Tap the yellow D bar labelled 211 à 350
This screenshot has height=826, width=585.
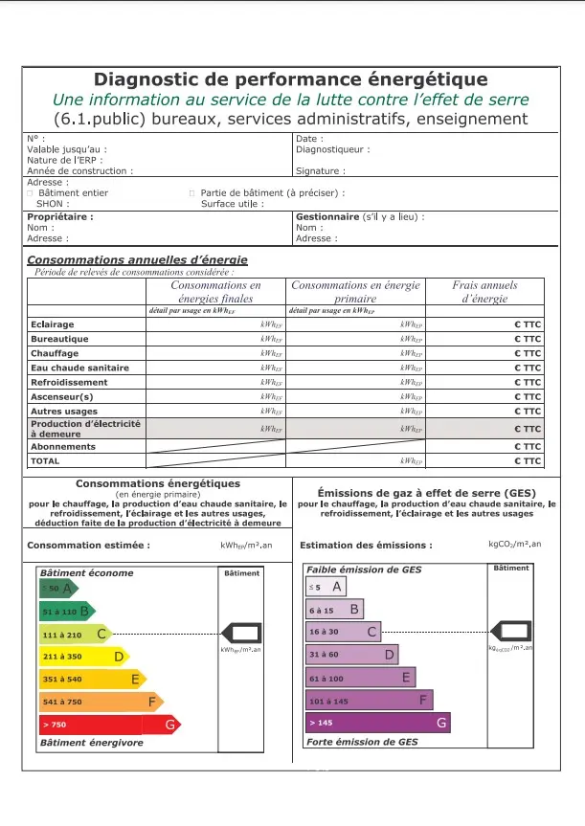coord(82,657)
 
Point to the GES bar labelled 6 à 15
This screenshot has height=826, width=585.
coord(334,609)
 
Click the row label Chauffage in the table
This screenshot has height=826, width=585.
coord(54,353)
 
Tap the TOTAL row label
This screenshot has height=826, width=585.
coord(45,460)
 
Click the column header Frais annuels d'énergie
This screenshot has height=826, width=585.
coord(484,292)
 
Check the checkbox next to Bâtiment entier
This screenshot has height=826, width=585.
coord(30,193)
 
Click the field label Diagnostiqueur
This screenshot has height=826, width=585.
coord(332,149)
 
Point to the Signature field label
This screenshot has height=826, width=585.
coord(320,171)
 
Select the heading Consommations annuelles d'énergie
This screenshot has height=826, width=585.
coord(137,259)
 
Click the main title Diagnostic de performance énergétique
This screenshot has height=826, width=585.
coord(290,79)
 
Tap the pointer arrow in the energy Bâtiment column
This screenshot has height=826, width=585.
coord(242,632)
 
